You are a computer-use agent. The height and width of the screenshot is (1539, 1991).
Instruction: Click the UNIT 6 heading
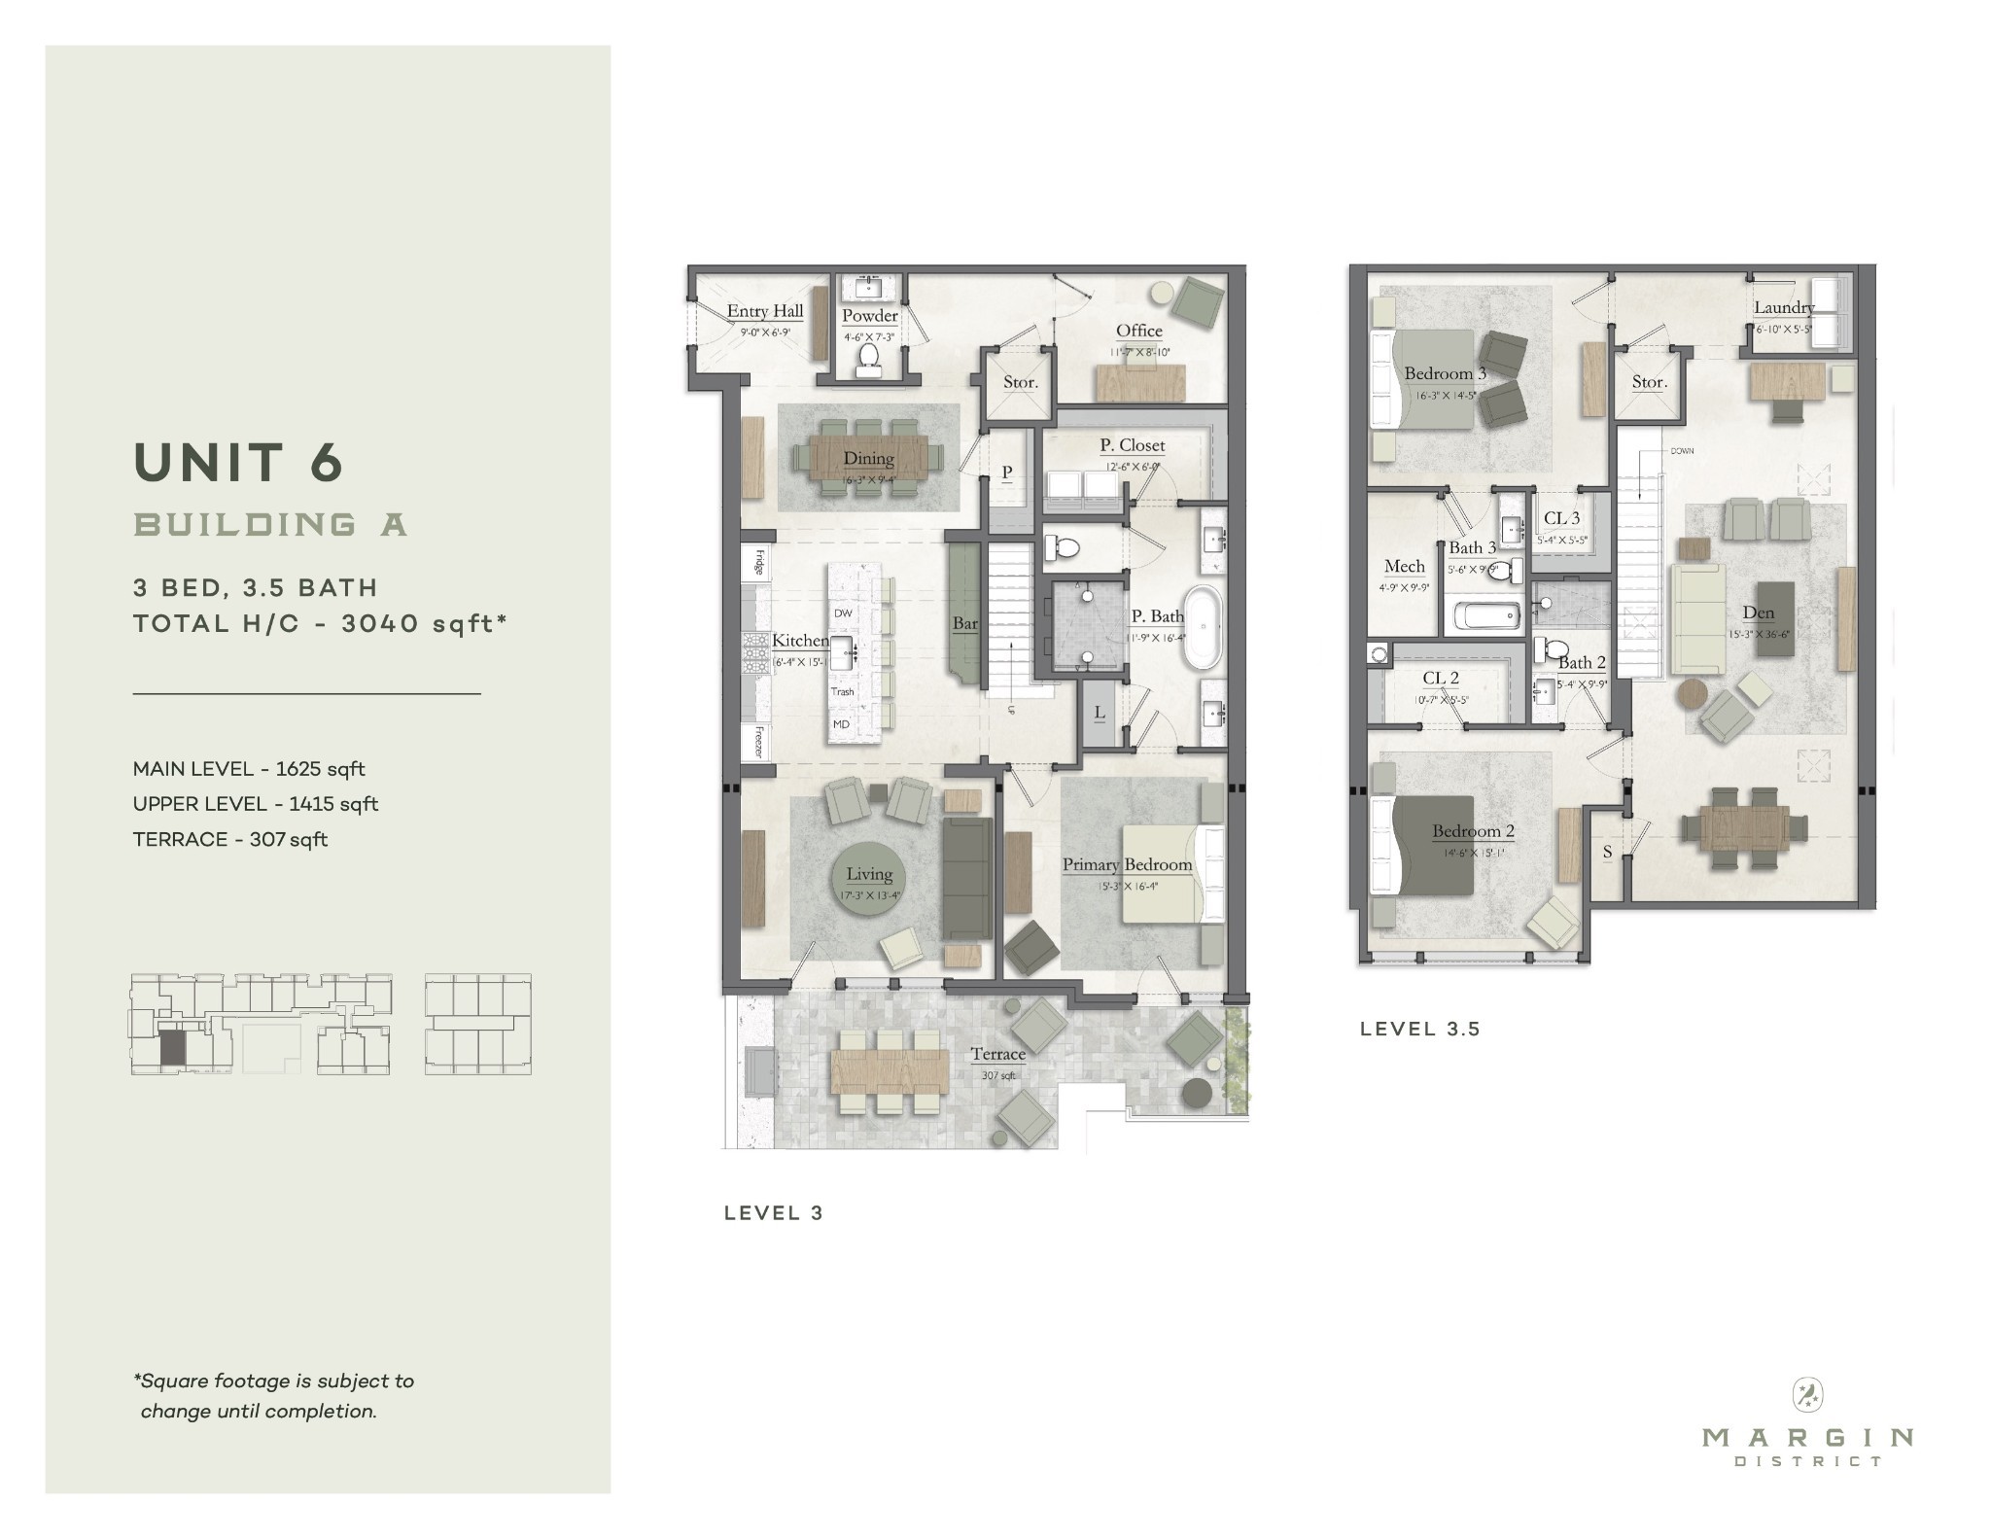pos(238,463)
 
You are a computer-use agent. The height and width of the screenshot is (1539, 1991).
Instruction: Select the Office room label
pos(1138,331)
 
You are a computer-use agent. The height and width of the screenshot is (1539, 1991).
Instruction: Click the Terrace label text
pos(997,1054)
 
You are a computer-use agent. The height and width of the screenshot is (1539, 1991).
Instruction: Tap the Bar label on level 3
pos(964,623)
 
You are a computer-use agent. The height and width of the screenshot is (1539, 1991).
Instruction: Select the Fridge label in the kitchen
pos(758,563)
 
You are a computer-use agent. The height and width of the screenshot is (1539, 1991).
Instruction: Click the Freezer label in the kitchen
pos(758,743)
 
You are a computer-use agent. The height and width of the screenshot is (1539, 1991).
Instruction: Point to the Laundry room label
pos(1783,307)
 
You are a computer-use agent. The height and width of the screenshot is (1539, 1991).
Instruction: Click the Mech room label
pos(1404,566)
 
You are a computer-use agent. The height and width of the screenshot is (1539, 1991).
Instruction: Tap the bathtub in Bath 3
pos(1485,615)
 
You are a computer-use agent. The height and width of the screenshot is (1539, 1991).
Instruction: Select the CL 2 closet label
pos(1440,679)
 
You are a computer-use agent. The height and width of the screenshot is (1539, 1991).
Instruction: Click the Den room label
pos(1758,612)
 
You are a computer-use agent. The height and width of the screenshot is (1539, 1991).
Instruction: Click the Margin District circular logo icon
pos(1806,1396)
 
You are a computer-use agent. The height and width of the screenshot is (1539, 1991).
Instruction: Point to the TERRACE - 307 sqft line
pos(230,839)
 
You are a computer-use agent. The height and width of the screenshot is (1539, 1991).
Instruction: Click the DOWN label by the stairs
pos(1682,451)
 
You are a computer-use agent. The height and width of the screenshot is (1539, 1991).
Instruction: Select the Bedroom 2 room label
pos(1472,831)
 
